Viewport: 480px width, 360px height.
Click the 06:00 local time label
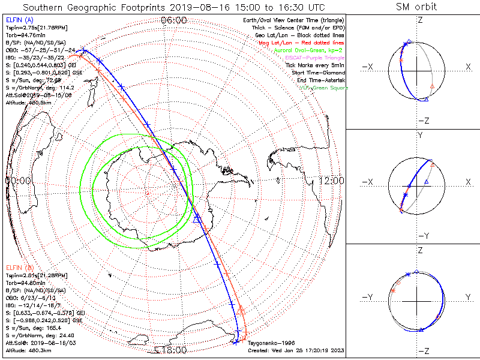pyautogui.click(x=174, y=20)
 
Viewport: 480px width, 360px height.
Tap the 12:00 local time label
pyautogui.click(x=331, y=180)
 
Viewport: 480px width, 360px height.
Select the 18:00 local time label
pyautogui.click(x=174, y=350)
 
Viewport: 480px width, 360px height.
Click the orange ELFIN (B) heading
pyautogui.click(x=19, y=266)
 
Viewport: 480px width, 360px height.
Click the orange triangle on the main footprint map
pyautogui.click(x=241, y=309)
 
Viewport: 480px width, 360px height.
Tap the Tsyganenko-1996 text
pyautogui.click(x=269, y=343)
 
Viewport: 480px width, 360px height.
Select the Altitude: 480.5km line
pyautogui.click(x=28, y=103)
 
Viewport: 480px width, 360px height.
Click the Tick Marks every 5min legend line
pyautogui.click(x=315, y=65)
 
